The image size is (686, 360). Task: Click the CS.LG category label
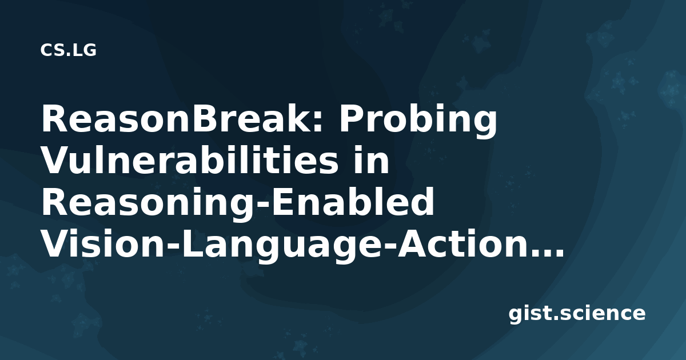click(68, 50)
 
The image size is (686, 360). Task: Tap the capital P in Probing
click(351, 118)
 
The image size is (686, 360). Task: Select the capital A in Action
click(412, 243)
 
